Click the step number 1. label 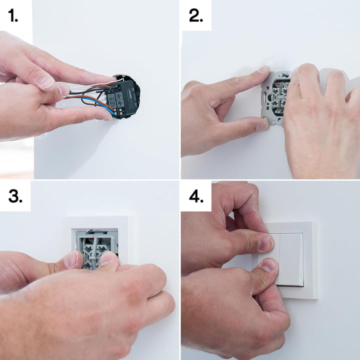(x=13, y=16)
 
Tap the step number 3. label (x=15, y=196)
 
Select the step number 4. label (x=196, y=196)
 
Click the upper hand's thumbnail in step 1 (x=47, y=82)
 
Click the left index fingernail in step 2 (x=263, y=70)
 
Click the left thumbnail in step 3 (x=72, y=259)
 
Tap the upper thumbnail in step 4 (x=265, y=244)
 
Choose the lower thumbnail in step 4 (x=268, y=264)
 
